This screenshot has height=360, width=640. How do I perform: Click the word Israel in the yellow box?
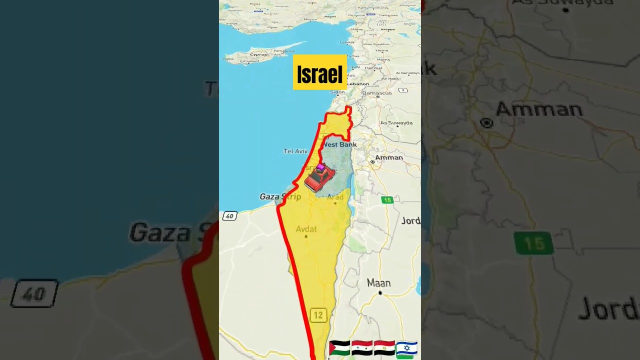click(x=319, y=74)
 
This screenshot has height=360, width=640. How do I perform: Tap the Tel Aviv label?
click(x=295, y=151)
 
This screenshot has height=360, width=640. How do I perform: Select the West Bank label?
click(x=340, y=144)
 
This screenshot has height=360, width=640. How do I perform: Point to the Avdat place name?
click(x=306, y=229)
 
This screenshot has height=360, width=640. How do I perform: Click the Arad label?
click(x=335, y=197)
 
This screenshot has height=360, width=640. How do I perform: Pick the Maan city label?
click(x=378, y=283)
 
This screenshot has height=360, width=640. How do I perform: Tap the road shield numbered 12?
click(x=318, y=315)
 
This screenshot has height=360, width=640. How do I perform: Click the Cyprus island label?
click(x=258, y=54)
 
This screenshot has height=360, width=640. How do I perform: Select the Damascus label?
click(x=377, y=93)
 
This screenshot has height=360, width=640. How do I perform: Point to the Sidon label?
click(x=337, y=92)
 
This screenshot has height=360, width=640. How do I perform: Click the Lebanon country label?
click(x=358, y=83)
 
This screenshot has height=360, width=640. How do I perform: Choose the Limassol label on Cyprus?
click(x=250, y=61)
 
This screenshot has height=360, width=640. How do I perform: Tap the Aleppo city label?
click(x=387, y=29)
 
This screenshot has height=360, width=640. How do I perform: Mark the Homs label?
click(x=384, y=59)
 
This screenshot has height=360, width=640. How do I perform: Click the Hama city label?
click(x=382, y=50)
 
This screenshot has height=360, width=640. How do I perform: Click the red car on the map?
click(x=319, y=178)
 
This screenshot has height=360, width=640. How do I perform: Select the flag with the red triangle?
click(x=339, y=348)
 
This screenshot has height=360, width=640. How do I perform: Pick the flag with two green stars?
click(x=362, y=348)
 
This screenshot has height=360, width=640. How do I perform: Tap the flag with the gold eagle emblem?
click(x=384, y=348)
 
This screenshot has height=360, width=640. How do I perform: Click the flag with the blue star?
click(x=406, y=348)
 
